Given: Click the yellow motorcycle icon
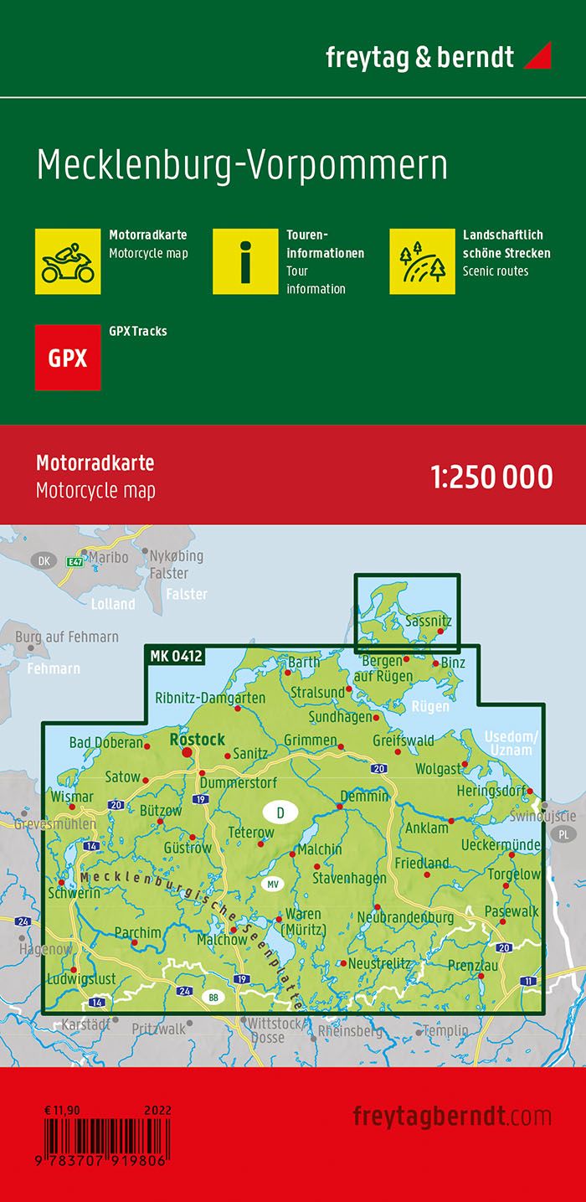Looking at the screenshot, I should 68,261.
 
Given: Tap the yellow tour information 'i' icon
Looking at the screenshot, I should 244,261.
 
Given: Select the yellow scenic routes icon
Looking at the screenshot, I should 422,261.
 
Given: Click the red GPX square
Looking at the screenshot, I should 68,358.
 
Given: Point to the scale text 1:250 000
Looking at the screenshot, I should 491,477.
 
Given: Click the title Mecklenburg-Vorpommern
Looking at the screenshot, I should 242,165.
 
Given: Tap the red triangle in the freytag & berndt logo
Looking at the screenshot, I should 537,57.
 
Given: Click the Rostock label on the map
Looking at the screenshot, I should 197,739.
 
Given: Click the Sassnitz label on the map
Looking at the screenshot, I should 428,622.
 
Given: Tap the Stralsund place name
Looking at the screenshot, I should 317,692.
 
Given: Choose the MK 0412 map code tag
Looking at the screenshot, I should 176,656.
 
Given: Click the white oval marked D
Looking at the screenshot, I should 280,813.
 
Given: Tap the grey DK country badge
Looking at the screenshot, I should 41,560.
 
